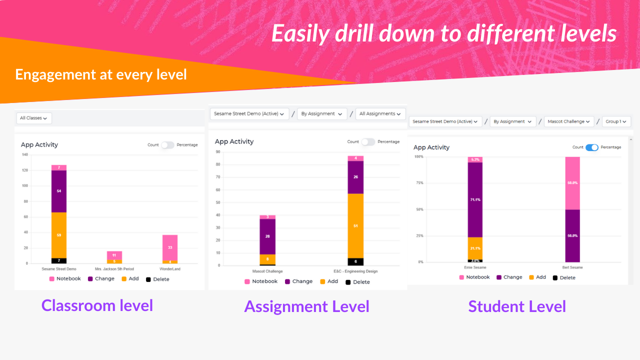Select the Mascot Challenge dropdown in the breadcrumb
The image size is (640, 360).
click(x=568, y=121)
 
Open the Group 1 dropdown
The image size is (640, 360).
click(x=616, y=121)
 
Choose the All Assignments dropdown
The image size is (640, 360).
click(x=380, y=114)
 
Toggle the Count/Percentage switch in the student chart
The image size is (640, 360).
click(x=591, y=147)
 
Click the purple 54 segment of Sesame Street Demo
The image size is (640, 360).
click(x=59, y=191)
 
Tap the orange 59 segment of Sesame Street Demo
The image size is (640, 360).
click(x=59, y=235)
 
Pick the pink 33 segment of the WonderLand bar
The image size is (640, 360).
click(x=170, y=247)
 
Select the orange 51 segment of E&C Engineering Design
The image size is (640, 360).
click(x=355, y=226)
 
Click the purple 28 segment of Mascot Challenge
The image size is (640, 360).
click(x=267, y=236)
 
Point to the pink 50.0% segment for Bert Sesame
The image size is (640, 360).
click(x=572, y=183)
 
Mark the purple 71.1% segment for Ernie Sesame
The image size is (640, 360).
click(x=475, y=199)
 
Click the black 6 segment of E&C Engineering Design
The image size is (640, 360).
click(x=355, y=261)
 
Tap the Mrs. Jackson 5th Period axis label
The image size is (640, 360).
click(x=114, y=269)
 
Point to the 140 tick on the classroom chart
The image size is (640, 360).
click(x=24, y=154)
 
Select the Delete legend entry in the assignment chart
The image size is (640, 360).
click(x=358, y=282)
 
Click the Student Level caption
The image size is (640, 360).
click(x=517, y=306)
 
